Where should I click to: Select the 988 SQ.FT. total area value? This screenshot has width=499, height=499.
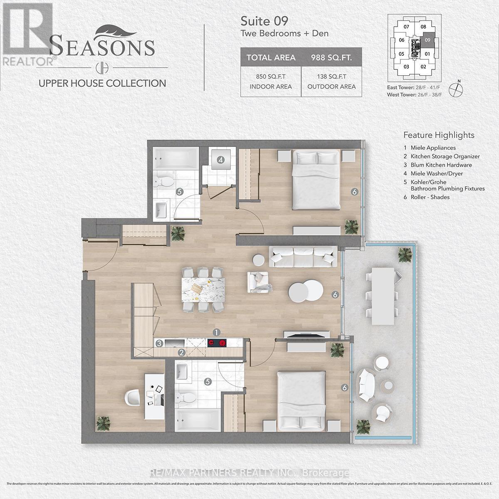[x=331, y=57]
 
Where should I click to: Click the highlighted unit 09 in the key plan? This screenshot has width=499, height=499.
[x=427, y=40]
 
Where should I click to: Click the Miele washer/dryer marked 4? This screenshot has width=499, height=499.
[x=221, y=160]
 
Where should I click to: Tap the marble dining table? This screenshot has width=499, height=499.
[x=204, y=291]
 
